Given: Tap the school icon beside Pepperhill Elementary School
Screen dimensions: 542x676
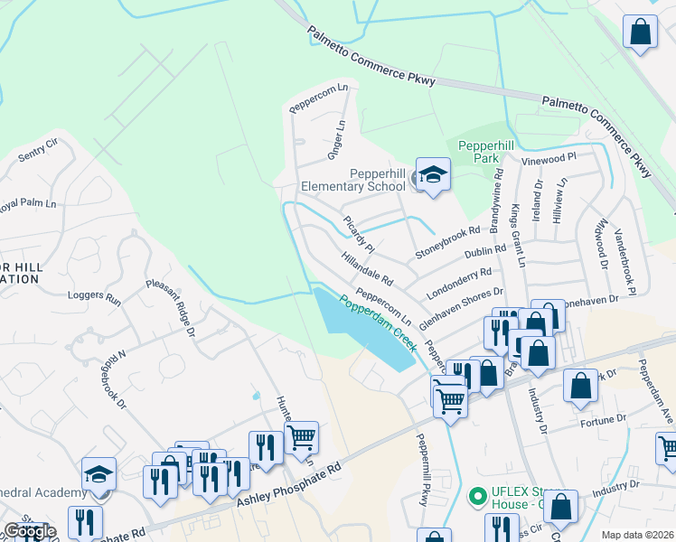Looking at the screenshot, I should [433, 174].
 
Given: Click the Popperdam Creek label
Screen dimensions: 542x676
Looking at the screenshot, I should [378, 321].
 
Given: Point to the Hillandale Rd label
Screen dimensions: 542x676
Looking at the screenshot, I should [367, 266].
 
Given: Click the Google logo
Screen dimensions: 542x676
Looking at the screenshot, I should [30, 531].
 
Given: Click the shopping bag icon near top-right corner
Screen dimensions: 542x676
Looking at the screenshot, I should [640, 33].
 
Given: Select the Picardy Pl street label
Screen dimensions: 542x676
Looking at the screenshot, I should [359, 234].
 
